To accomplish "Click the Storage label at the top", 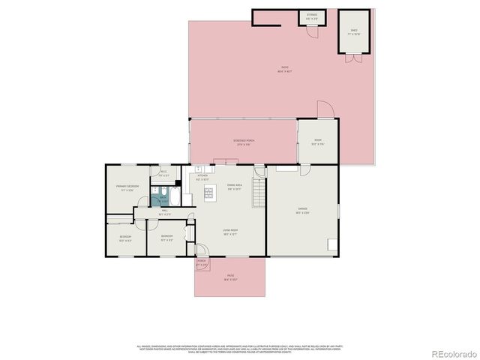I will click(312, 15).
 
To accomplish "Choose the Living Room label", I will click(230, 231).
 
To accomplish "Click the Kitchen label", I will click(202, 176).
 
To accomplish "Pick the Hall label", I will click(165, 213).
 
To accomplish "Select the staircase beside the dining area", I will click(259, 194).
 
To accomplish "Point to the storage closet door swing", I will click(310, 26).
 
